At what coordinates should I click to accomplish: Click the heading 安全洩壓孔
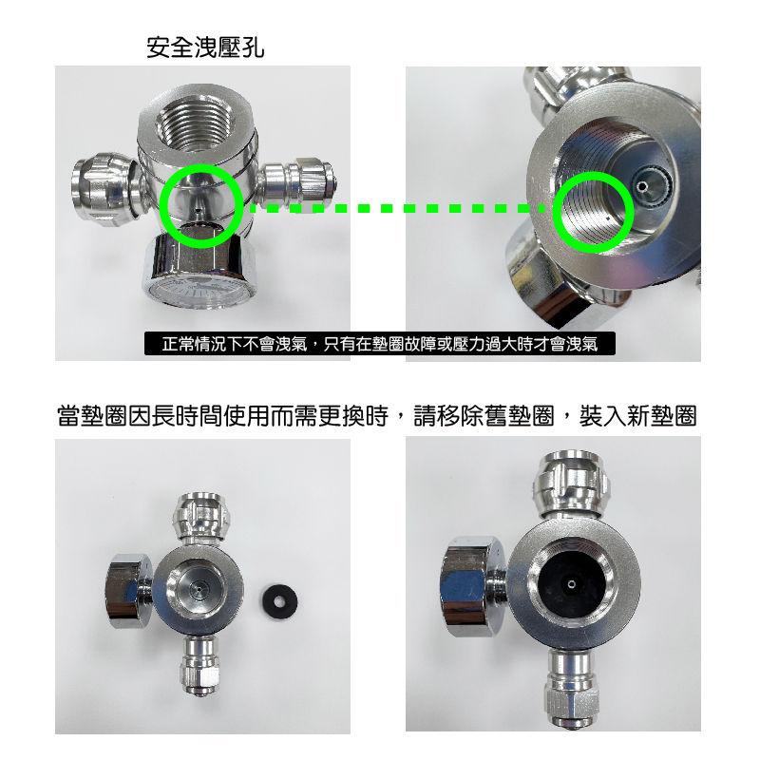205,47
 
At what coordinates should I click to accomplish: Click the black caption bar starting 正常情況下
379,344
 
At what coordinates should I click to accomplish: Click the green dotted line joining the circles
397,208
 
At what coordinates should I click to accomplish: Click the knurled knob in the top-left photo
103,189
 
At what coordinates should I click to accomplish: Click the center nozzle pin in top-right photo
642,185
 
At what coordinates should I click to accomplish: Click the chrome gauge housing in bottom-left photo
129,592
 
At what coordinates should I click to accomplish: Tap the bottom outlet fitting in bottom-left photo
200,666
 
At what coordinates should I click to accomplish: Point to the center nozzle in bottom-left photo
198,588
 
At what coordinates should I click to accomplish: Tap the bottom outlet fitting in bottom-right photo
570,688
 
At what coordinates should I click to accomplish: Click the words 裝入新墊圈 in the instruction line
637,415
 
